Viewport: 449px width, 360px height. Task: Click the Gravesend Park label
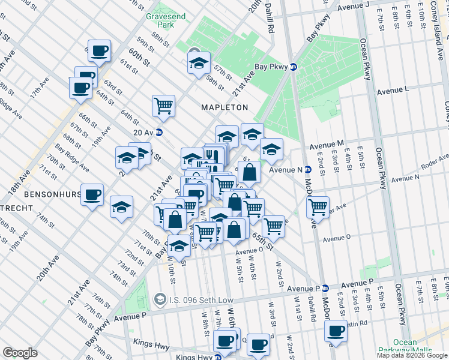click(x=159, y=20)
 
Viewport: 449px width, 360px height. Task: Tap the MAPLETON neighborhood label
click(x=224, y=107)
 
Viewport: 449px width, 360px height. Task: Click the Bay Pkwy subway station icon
click(x=294, y=67)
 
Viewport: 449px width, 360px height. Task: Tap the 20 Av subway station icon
click(x=159, y=133)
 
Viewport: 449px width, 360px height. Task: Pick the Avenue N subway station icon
click(x=307, y=170)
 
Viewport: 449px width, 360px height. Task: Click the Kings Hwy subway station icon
click(x=218, y=356)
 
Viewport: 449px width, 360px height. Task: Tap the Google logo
click(x=20, y=353)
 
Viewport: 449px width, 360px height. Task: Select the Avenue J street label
click(x=353, y=7)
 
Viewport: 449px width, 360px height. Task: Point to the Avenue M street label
click(x=326, y=145)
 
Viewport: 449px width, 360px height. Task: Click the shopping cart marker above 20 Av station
click(x=163, y=106)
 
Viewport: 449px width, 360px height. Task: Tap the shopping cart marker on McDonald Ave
click(x=317, y=207)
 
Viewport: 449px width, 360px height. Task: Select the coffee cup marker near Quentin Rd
click(x=336, y=331)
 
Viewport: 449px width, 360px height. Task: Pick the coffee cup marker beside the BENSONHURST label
click(x=92, y=194)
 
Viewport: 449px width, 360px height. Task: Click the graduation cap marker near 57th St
click(x=198, y=63)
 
